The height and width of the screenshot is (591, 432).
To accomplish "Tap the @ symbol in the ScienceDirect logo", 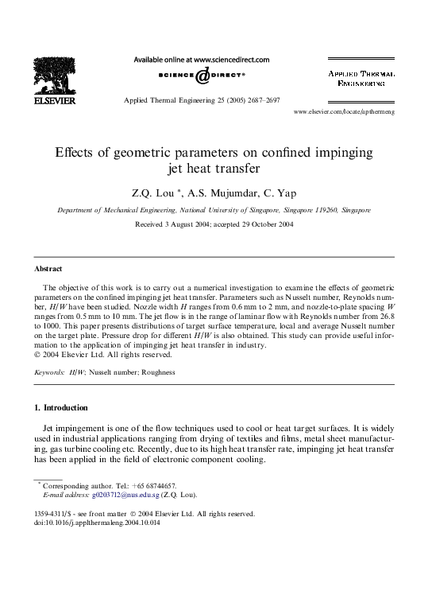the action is pyautogui.click(x=202, y=75).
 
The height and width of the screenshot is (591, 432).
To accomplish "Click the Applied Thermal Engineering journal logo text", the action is pyautogui.click(x=362, y=77).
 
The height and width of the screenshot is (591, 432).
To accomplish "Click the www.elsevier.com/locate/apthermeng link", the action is pyautogui.click(x=344, y=112).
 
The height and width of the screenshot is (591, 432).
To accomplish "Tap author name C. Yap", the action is pyautogui.click(x=283, y=191).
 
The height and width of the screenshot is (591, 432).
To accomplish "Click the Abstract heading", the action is pyautogui.click(x=48, y=269).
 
